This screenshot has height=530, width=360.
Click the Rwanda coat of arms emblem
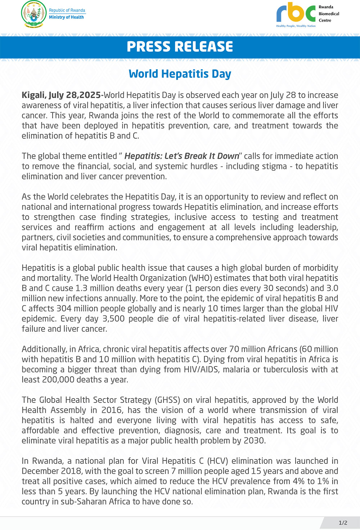click(x=33, y=14)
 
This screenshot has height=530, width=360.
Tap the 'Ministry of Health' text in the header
click(x=66, y=17)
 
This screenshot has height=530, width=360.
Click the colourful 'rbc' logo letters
click(x=296, y=13)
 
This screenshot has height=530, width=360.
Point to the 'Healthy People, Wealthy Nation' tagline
click(x=296, y=26)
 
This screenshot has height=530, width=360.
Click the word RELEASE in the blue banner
click(x=203, y=47)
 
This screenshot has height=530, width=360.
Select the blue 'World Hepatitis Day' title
click(x=180, y=74)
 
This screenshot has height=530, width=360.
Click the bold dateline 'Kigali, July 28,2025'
click(x=62, y=95)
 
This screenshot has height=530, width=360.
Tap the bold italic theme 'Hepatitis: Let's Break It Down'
click(x=182, y=156)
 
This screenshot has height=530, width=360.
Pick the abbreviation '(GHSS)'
click(x=167, y=400)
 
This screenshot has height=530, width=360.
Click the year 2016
click(x=112, y=410)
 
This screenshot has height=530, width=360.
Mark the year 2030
click(x=254, y=440)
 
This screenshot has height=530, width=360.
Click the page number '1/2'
click(x=343, y=523)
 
